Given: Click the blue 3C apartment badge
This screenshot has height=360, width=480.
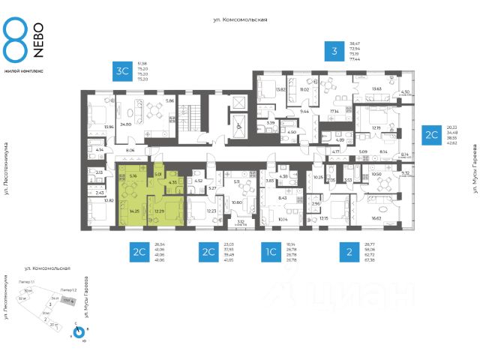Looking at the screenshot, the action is point(121,71).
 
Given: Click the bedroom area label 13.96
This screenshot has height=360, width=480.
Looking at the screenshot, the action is point(109,127).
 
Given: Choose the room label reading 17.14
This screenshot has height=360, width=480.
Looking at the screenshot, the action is point(334,111).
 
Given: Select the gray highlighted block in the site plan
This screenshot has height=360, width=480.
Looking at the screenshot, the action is point(67,300).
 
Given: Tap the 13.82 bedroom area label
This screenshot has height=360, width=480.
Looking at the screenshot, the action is point(261,89).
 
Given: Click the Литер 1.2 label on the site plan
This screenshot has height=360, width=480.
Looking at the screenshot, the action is point(70,289).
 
